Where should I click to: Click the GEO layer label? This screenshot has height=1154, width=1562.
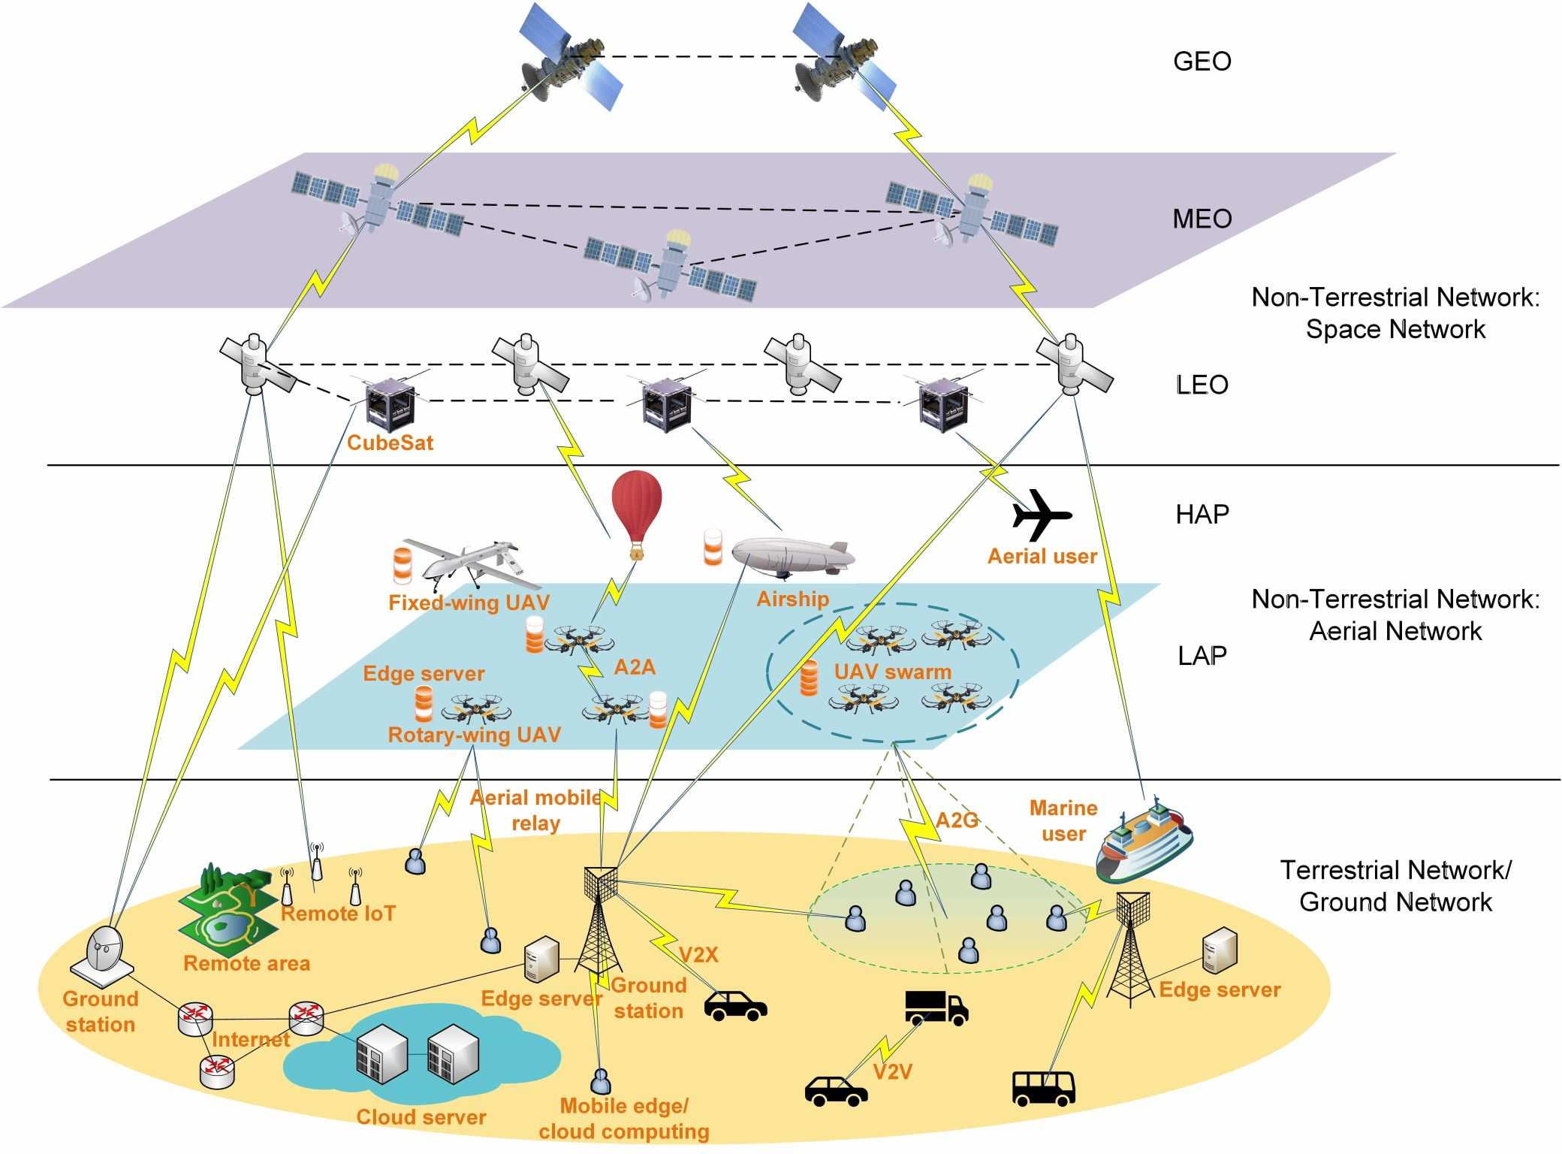pos(1202,62)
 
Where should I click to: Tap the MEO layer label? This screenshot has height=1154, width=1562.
pos(1202,219)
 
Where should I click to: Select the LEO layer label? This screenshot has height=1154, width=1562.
pos(1202,385)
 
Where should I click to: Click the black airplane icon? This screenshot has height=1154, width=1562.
pos(1041,515)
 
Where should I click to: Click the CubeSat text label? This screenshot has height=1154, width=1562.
pos(390,443)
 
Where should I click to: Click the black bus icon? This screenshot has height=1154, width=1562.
pos(1043,1088)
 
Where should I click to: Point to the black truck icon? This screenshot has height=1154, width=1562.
pos(936,1007)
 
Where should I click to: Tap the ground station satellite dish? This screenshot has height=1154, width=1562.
pos(104,953)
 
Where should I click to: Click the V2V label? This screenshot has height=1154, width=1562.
pos(892,1071)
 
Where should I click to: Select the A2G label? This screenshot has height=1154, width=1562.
pos(957,820)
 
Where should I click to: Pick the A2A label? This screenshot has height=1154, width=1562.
pos(635,667)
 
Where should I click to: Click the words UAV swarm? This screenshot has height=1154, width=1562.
pos(892,672)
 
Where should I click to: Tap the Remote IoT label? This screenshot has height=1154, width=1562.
pos(338,914)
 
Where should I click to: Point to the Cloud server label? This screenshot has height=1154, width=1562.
pos(421,1117)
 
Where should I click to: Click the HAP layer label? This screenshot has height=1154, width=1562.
pos(1202,515)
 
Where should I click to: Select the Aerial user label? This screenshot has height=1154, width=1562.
pos(1042,557)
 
